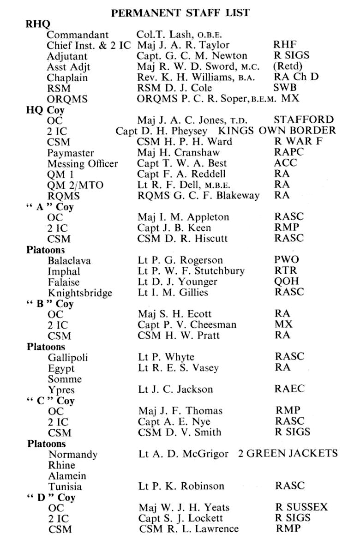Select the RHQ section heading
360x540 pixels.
(38, 24)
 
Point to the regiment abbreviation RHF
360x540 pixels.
(285, 45)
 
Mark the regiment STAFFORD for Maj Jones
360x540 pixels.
(303, 120)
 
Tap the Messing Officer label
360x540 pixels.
(83, 163)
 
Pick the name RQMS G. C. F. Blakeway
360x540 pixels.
(198, 195)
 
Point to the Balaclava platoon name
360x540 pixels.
(69, 260)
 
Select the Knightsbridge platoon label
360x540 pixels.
(80, 292)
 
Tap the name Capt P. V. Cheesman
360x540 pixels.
(187, 325)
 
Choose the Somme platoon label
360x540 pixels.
(65, 379)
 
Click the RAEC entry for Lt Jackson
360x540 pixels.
(290, 389)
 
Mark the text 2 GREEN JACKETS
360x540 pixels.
(288, 454)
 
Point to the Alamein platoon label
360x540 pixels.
(67, 475)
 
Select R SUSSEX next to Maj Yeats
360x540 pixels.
(301, 507)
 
